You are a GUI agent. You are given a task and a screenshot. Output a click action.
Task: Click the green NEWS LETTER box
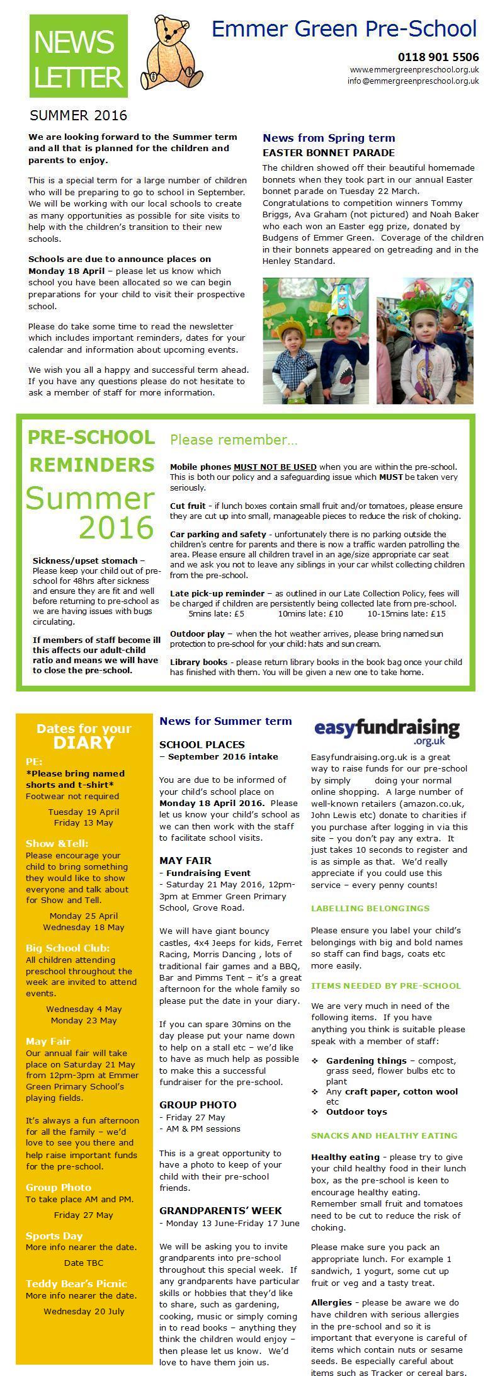[78, 57]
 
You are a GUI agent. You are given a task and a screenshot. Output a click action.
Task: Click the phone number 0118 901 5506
[438, 57]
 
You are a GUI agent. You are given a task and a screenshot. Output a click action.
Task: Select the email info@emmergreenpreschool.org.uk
[413, 81]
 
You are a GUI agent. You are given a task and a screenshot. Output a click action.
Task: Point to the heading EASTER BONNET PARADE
[328, 153]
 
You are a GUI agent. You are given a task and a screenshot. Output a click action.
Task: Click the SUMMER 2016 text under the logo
[78, 116]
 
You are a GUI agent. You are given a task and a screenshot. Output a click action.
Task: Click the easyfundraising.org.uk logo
[387, 732]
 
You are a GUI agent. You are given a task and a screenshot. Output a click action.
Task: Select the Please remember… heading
[234, 440]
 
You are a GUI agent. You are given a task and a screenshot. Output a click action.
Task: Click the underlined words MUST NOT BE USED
[275, 467]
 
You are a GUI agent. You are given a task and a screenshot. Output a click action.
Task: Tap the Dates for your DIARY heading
[84, 736]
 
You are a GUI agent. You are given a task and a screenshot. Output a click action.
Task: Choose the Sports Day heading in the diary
[54, 1236]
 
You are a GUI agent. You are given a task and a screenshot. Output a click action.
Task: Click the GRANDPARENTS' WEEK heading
[220, 1210]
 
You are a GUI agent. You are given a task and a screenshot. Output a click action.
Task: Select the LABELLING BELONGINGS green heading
[370, 908]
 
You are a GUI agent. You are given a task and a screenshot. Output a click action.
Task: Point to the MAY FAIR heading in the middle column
[185, 860]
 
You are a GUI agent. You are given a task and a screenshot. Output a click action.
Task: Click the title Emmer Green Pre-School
[344, 29]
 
